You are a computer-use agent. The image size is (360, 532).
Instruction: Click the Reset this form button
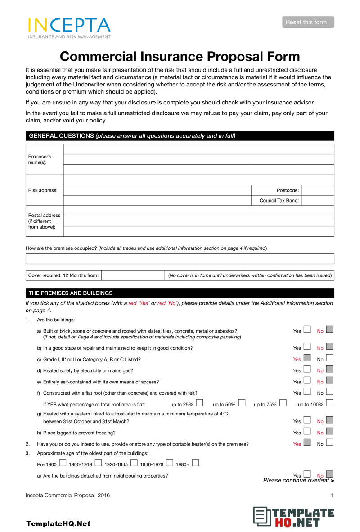(308, 22)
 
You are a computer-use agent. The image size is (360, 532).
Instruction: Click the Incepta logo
(69, 28)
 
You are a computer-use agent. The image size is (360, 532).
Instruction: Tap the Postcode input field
(317, 190)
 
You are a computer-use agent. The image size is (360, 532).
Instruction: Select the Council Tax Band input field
(317, 201)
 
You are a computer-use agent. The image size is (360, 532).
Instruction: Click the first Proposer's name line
(198, 149)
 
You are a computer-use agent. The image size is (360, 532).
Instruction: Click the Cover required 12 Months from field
(132, 275)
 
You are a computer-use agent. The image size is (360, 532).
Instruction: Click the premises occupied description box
(180, 259)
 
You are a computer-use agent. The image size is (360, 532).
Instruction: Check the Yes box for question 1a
(307, 330)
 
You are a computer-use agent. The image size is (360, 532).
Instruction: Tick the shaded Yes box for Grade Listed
(307, 359)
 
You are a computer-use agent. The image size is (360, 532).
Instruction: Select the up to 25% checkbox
(199, 402)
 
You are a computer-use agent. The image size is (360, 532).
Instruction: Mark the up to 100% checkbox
(329, 402)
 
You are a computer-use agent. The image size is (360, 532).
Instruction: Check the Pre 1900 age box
(63, 463)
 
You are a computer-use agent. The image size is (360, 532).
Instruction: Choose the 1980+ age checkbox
(195, 463)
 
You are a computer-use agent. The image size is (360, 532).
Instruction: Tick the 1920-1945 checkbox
(134, 463)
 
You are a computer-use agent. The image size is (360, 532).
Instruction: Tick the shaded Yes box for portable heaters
(307, 443)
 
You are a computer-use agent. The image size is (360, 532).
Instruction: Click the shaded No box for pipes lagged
(329, 432)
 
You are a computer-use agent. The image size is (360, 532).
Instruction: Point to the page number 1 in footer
(332, 496)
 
